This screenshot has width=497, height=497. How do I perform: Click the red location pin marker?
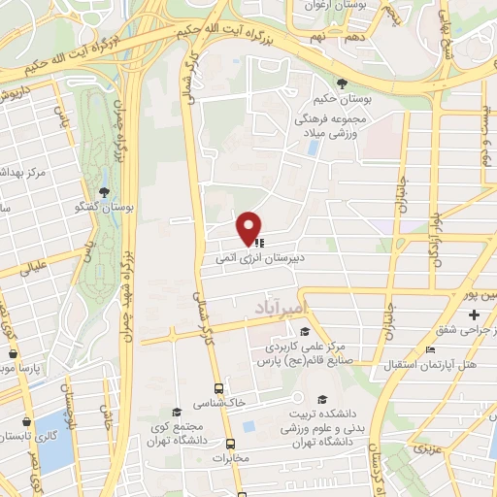coord(249,227)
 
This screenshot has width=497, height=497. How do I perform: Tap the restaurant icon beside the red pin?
coord(260,245)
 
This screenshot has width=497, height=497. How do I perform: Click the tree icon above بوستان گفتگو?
coord(106,191)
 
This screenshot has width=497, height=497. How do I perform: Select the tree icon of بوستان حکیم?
coord(340,83)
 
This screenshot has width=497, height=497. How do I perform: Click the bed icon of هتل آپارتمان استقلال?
coord(431,349)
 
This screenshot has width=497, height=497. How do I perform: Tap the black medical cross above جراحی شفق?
coord(474,316)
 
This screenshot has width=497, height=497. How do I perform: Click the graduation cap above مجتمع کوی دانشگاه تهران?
coord(176,412)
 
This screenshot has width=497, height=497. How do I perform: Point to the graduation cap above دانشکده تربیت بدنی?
coord(322,399)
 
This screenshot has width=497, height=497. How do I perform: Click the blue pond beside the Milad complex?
coord(313,149)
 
